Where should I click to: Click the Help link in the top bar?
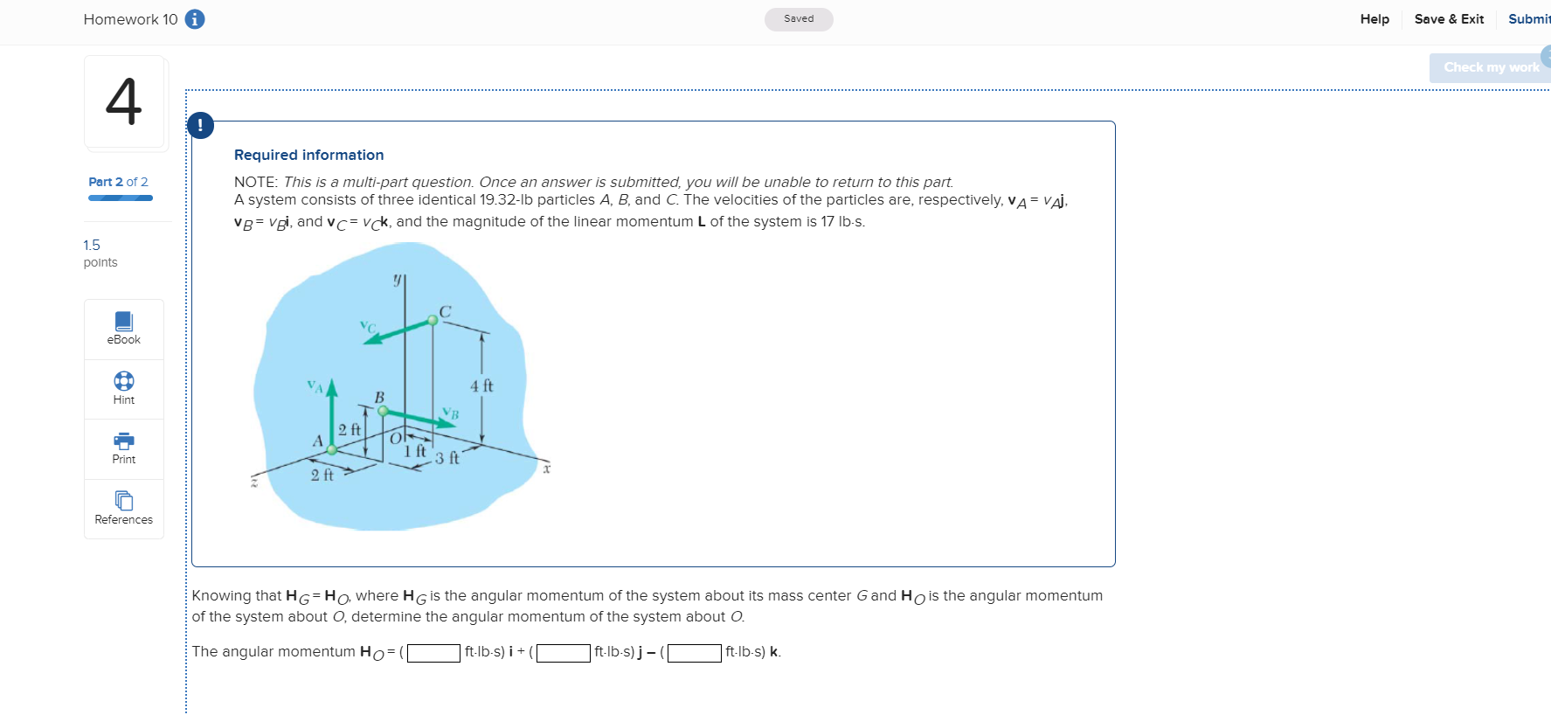pyautogui.click(x=1374, y=19)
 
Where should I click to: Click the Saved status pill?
pyautogui.click(x=799, y=19)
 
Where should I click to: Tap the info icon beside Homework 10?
pyautogui.click(x=195, y=19)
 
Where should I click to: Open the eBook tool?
pyautogui.click(x=124, y=329)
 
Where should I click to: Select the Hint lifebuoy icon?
pyautogui.click(x=124, y=381)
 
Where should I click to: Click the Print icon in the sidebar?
pyautogui.click(x=124, y=441)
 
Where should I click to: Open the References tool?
pyautogui.click(x=124, y=501)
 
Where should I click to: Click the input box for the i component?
pyautogui.click(x=433, y=653)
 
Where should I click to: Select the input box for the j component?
pyautogui.click(x=563, y=653)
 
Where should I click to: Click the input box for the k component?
pyautogui.click(x=695, y=653)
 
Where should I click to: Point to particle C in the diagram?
pyautogui.click(x=433, y=321)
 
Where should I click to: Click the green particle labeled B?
pyautogui.click(x=383, y=410)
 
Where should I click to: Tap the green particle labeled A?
pyautogui.click(x=332, y=449)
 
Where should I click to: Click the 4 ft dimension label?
pyautogui.click(x=481, y=385)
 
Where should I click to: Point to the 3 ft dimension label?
pyautogui.click(x=447, y=458)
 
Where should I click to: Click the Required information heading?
pyautogui.click(x=308, y=155)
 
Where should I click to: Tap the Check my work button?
pyautogui.click(x=1490, y=67)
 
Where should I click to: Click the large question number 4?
pyautogui.click(x=124, y=101)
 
